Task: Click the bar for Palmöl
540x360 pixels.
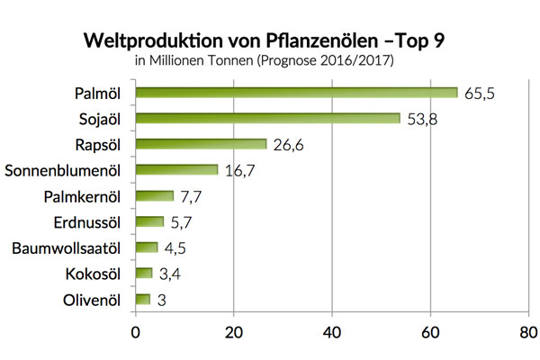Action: [296, 93]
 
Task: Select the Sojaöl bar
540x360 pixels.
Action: [267, 119]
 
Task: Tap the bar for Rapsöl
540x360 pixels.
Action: [201, 144]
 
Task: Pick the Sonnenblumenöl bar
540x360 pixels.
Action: [176, 170]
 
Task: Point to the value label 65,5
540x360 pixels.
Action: [481, 93]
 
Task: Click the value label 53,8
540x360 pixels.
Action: [424, 119]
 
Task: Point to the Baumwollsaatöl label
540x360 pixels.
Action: [69, 247]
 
